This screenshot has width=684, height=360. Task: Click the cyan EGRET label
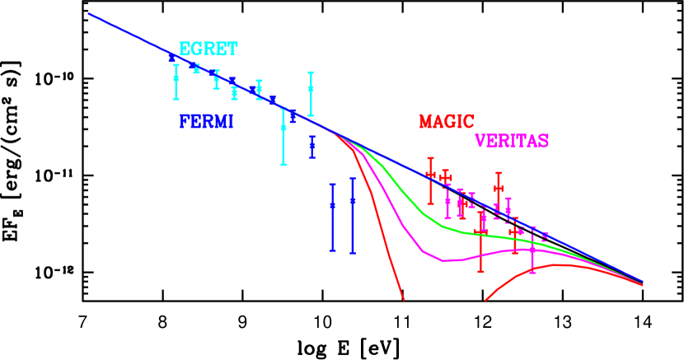(208, 49)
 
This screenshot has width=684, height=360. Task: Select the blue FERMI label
(206, 122)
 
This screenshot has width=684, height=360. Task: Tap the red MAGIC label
(446, 122)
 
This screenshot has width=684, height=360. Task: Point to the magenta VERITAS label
(512, 141)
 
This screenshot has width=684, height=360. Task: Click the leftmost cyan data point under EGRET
(176, 78)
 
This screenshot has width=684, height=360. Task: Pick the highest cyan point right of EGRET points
(311, 87)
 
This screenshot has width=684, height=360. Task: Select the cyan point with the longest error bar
(283, 128)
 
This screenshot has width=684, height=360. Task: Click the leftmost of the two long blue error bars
(332, 206)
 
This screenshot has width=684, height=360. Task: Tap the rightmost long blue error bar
(352, 200)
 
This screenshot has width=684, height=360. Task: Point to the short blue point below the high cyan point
(312, 146)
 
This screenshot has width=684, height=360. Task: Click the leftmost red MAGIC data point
(430, 175)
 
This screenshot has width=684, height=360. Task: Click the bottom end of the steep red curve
(404, 300)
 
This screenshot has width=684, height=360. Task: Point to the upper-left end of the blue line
(89, 14)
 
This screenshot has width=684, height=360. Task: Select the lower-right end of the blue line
(642, 281)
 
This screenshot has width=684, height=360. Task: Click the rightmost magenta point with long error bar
(532, 249)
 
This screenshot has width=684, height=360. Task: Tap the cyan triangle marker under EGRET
(196, 69)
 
